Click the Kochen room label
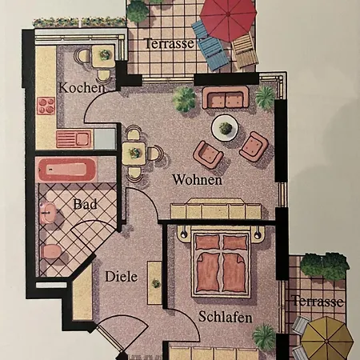(x=82, y=87)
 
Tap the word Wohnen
(x=197, y=179)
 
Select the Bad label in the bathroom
(x=85, y=204)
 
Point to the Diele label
(x=122, y=277)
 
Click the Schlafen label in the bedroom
(x=226, y=317)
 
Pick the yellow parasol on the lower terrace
(x=327, y=338)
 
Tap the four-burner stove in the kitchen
(x=46, y=106)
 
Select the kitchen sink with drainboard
(x=74, y=138)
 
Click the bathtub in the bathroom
(x=67, y=170)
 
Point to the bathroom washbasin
(x=48, y=212)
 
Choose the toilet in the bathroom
(x=51, y=251)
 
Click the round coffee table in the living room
(x=225, y=128)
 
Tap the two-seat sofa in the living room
(x=226, y=98)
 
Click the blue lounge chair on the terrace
(x=210, y=46)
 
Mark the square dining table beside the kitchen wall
(x=134, y=153)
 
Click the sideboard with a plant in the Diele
(x=154, y=283)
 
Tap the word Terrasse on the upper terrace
(x=170, y=43)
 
